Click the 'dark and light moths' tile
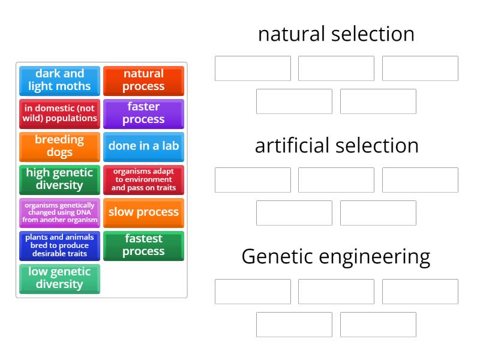(x=59, y=80)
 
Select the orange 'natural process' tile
(x=143, y=80)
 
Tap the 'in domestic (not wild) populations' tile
(x=59, y=113)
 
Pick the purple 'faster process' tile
(x=143, y=113)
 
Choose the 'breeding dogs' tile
(x=59, y=146)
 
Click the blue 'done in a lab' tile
(x=143, y=146)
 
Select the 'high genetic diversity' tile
(x=59, y=179)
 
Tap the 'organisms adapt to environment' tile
(x=143, y=179)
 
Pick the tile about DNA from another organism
(x=59, y=212)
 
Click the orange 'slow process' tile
(x=143, y=212)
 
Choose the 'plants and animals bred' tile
(x=59, y=245)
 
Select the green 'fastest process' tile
(x=143, y=245)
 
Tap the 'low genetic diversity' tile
(x=59, y=278)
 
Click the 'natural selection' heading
(x=336, y=34)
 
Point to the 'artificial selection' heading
(x=336, y=146)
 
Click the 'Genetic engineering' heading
(x=336, y=257)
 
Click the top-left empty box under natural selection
(x=253, y=68)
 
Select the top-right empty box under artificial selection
(x=420, y=180)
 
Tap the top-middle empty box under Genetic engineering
(x=336, y=292)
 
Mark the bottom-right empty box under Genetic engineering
(x=378, y=325)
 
